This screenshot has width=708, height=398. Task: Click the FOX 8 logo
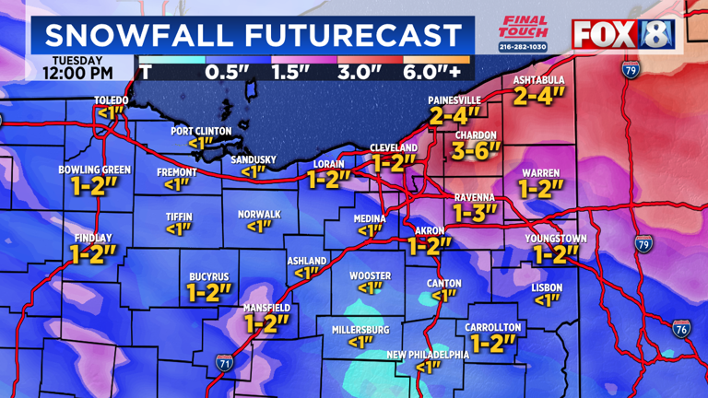tap(624, 34)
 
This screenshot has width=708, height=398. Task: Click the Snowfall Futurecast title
tap(253, 36)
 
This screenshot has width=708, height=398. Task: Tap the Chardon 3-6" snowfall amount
tap(476, 151)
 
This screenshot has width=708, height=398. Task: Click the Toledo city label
tap(111, 99)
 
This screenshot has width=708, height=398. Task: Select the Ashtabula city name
tap(538, 80)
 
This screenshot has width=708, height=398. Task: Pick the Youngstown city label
tap(556, 238)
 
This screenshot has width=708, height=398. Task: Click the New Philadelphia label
tap(427, 354)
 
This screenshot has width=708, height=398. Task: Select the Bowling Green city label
tap(94, 170)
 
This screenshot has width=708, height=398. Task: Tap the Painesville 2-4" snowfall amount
tap(454, 115)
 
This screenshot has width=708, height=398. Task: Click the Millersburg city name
tap(360, 329)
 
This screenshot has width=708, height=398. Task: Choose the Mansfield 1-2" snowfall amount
tap(266, 323)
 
